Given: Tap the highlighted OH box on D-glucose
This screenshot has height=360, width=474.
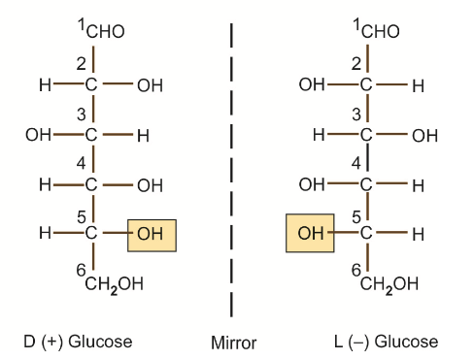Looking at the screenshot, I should click(x=150, y=234).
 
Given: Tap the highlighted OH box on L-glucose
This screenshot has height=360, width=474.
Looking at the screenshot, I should click(x=310, y=234).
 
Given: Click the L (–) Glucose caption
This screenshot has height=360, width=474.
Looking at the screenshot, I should click(x=385, y=342).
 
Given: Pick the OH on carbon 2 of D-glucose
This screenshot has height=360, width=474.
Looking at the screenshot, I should click(x=150, y=86).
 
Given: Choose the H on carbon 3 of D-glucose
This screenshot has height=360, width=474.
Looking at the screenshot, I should click(x=142, y=136).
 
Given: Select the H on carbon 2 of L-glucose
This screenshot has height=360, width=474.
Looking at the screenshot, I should click(x=418, y=86).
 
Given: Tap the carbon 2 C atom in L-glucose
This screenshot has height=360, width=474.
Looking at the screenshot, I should click(x=366, y=86).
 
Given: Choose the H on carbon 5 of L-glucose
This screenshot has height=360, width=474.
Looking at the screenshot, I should click(x=418, y=234).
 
